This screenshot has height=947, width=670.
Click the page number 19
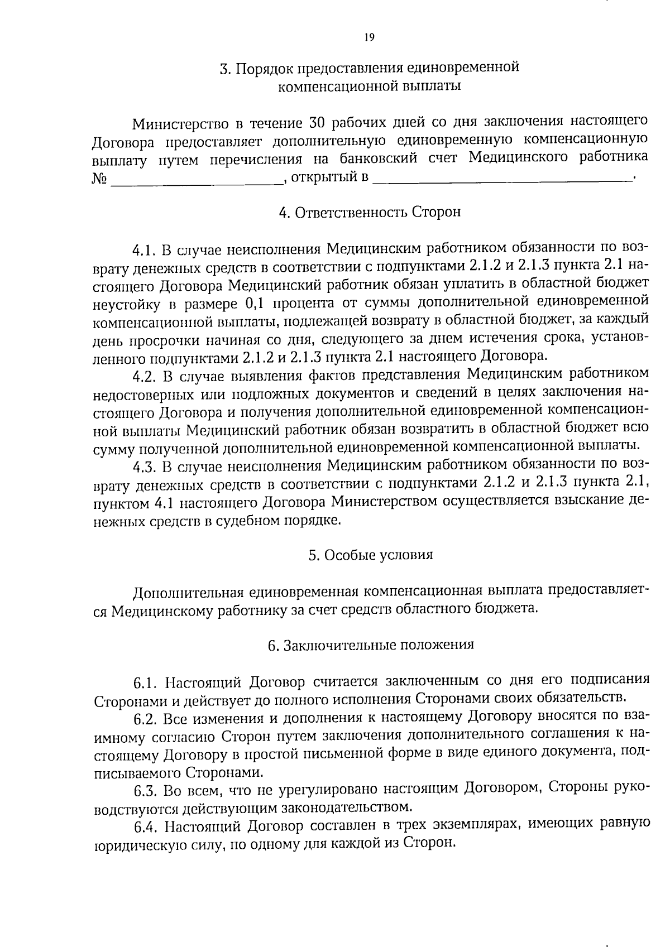[368, 38]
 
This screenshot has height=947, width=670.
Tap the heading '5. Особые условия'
[370, 555]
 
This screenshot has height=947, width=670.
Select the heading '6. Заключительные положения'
[371, 645]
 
